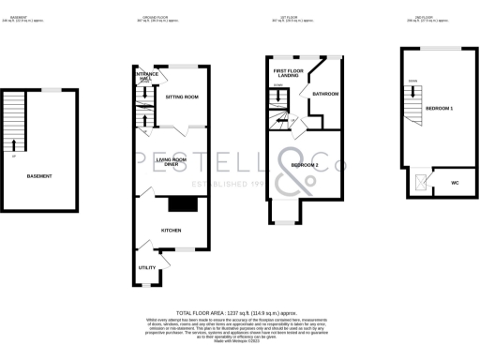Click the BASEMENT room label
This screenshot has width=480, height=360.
pos(38,176)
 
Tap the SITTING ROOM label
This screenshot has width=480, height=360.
pos(180,97)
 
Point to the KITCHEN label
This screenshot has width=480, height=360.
pos(171,230)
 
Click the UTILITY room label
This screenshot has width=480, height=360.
pos(148,267)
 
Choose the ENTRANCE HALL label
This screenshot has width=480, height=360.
pos(145,76)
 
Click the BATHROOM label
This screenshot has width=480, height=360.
pos(325,95)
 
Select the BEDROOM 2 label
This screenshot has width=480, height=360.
pos(304,165)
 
